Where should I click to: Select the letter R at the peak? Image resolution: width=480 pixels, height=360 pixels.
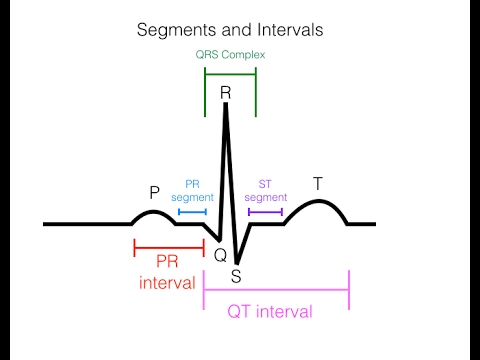point(226,92)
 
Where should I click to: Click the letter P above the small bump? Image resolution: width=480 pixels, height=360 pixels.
point(154,192)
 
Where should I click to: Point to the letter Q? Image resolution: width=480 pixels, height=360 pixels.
point(220,255)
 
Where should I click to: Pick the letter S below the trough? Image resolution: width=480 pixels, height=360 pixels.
point(236,275)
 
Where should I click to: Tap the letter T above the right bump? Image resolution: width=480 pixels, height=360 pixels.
point(318,183)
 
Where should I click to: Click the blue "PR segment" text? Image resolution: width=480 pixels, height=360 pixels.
point(192,192)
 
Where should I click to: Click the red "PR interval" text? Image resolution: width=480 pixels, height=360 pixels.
point(167,272)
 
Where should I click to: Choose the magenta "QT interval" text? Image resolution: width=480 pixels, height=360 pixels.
point(270,311)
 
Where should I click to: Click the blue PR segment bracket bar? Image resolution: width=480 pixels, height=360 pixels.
point(192,212)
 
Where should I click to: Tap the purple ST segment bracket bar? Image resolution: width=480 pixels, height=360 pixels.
point(265,212)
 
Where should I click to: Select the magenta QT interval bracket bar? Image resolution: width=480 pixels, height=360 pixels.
point(276,290)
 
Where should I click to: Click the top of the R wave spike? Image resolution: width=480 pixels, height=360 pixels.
point(226,104)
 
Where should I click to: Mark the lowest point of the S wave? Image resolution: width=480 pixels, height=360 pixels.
point(237,262)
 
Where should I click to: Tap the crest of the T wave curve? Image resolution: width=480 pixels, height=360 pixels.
point(318,202)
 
